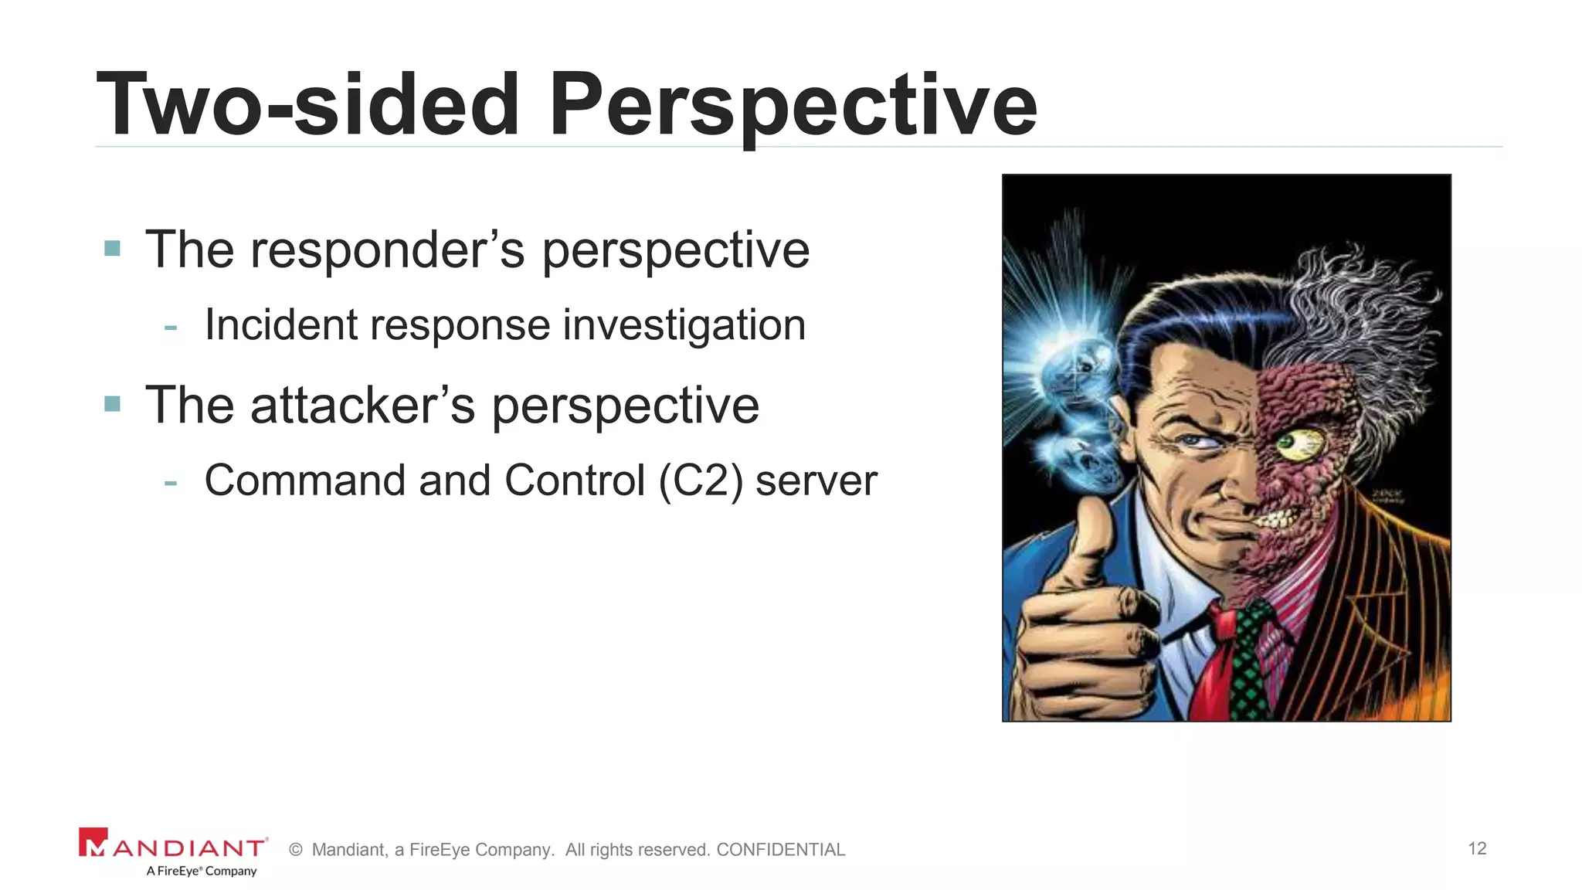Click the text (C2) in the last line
[701, 481]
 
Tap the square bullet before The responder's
[113, 248]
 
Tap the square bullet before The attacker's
[113, 403]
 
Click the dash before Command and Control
[171, 483]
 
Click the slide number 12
[1477, 848]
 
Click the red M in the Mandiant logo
[93, 843]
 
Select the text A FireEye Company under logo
[202, 871]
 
